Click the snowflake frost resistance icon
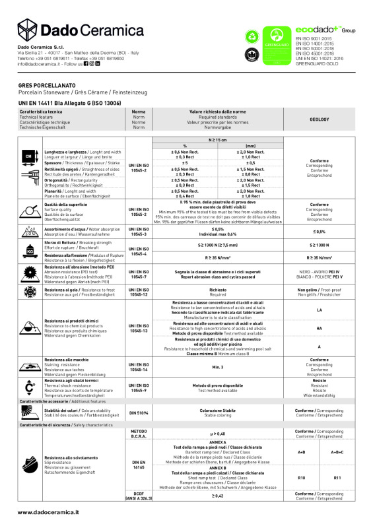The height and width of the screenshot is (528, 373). coord(29,291)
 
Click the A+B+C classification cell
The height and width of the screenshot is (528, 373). coord(337,452)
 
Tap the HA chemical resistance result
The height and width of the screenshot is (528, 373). coord(319,328)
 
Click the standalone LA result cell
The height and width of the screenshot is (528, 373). coord(319,310)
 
